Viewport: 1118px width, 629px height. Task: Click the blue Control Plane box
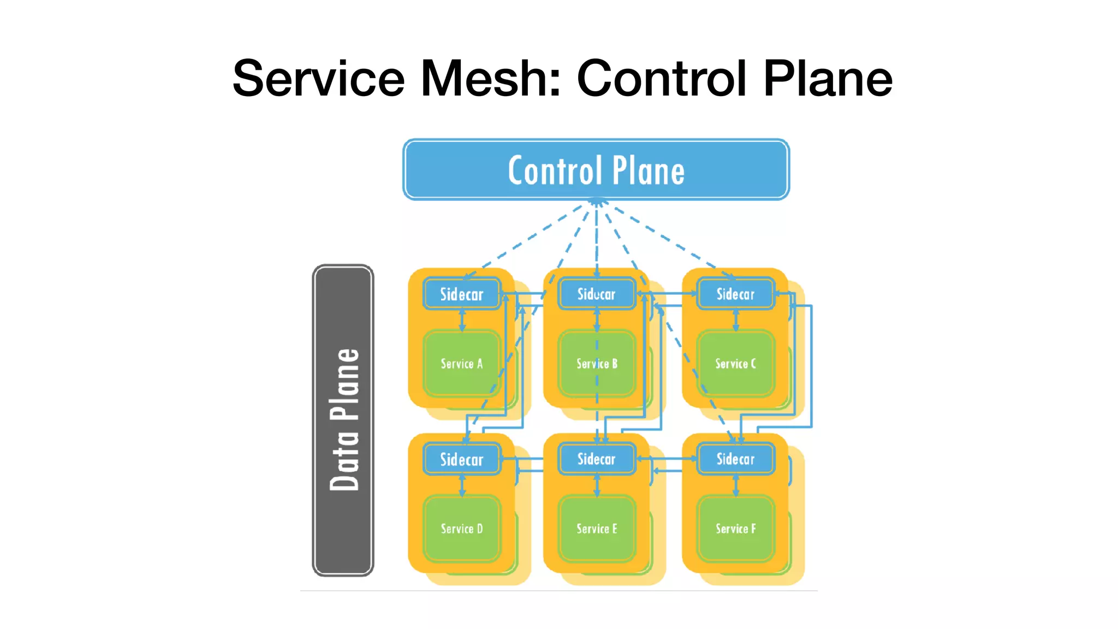click(596, 170)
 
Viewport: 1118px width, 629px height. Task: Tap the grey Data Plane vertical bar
click(343, 420)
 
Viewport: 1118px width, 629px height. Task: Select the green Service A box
click(462, 364)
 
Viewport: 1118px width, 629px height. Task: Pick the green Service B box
click(597, 364)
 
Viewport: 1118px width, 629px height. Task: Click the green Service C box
click(735, 364)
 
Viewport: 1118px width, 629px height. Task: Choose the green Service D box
click(462, 529)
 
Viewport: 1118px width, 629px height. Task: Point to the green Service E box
click(597, 529)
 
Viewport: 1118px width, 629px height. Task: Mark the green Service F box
click(735, 529)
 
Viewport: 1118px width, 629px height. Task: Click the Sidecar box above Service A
click(462, 294)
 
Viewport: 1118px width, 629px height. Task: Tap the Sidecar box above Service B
click(597, 294)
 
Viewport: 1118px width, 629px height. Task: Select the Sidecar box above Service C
click(735, 294)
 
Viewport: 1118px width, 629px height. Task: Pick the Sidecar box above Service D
click(462, 459)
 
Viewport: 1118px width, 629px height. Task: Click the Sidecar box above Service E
click(597, 459)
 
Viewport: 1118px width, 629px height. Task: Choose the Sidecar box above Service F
click(735, 459)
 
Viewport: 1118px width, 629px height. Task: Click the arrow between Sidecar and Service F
click(736, 485)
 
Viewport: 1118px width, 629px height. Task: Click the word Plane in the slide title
click(828, 79)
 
